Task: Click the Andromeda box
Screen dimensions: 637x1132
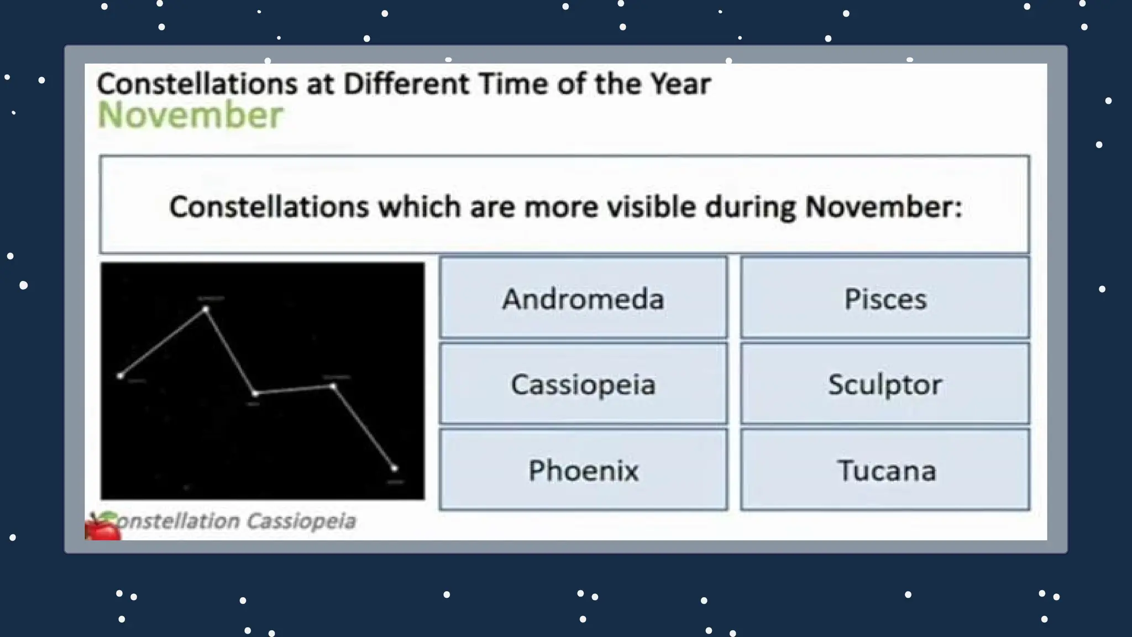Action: point(583,298)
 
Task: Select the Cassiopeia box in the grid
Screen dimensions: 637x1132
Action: point(583,384)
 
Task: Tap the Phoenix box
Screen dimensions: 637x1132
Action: point(583,471)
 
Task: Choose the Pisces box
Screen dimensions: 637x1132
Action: point(885,298)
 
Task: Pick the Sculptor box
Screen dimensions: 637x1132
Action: point(885,384)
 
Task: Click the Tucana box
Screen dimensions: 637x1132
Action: point(885,471)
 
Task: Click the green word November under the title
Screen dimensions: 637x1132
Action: point(190,116)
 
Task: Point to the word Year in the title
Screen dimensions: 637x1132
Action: point(680,84)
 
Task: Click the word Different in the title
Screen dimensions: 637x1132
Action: point(406,84)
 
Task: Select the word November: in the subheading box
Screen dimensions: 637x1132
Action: point(883,207)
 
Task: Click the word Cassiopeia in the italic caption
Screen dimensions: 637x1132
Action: point(301,521)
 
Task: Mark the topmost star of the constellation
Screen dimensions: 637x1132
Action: point(206,309)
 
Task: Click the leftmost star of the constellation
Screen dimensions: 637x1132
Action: point(120,376)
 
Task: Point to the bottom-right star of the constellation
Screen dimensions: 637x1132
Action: point(394,468)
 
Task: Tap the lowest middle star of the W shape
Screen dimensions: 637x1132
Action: point(255,393)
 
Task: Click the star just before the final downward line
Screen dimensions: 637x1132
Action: point(333,386)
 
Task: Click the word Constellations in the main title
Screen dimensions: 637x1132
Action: point(197,84)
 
